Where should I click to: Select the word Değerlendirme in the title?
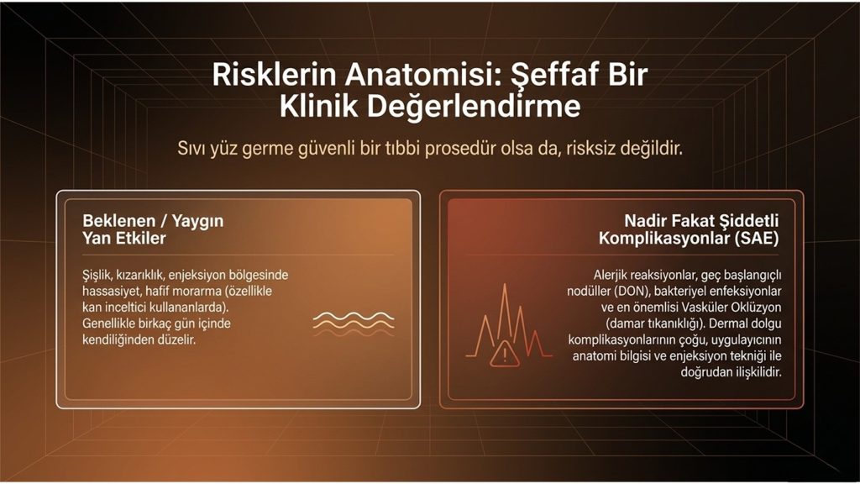tap(474, 107)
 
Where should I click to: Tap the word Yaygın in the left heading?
tap(198, 222)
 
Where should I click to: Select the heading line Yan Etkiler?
tap(124, 238)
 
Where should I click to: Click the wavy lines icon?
tap(354, 324)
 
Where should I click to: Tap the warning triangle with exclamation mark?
tap(505, 355)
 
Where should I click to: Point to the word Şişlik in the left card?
tap(96, 276)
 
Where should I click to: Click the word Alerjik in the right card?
tap(611, 275)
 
